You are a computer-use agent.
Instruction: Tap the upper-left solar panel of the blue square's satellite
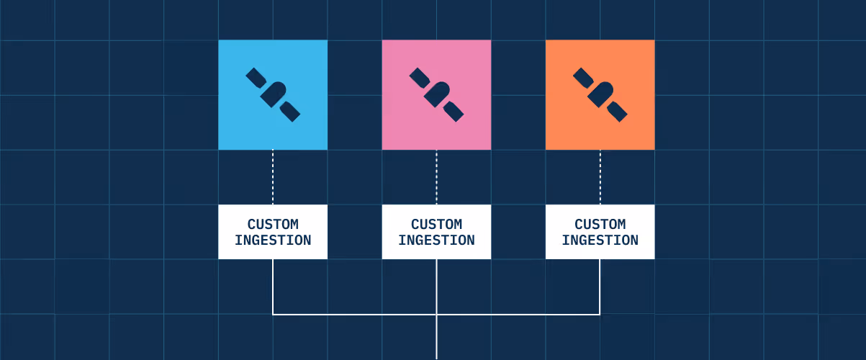(255, 77)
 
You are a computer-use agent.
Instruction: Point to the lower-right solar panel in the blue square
(291, 112)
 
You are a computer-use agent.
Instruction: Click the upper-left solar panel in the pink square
(418, 77)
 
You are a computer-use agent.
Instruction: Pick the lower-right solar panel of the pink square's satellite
(454, 112)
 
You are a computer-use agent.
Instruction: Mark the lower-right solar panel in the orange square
(618, 112)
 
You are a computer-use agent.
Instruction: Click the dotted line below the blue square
(273, 176)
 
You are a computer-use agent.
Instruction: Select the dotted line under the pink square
(436, 176)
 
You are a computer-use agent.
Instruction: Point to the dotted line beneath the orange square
(600, 176)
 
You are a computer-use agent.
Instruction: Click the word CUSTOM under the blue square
(273, 224)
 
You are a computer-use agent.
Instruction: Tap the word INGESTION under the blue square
(273, 240)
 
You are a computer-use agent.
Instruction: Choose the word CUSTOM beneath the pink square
(436, 224)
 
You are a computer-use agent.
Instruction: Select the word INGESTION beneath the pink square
(436, 240)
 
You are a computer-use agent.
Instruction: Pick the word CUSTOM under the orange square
(600, 224)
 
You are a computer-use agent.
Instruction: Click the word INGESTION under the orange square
(600, 240)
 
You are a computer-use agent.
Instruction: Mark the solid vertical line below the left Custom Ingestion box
(273, 287)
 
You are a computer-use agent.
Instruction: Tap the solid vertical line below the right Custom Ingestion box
(600, 287)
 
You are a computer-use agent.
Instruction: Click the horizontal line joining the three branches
(360, 314)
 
